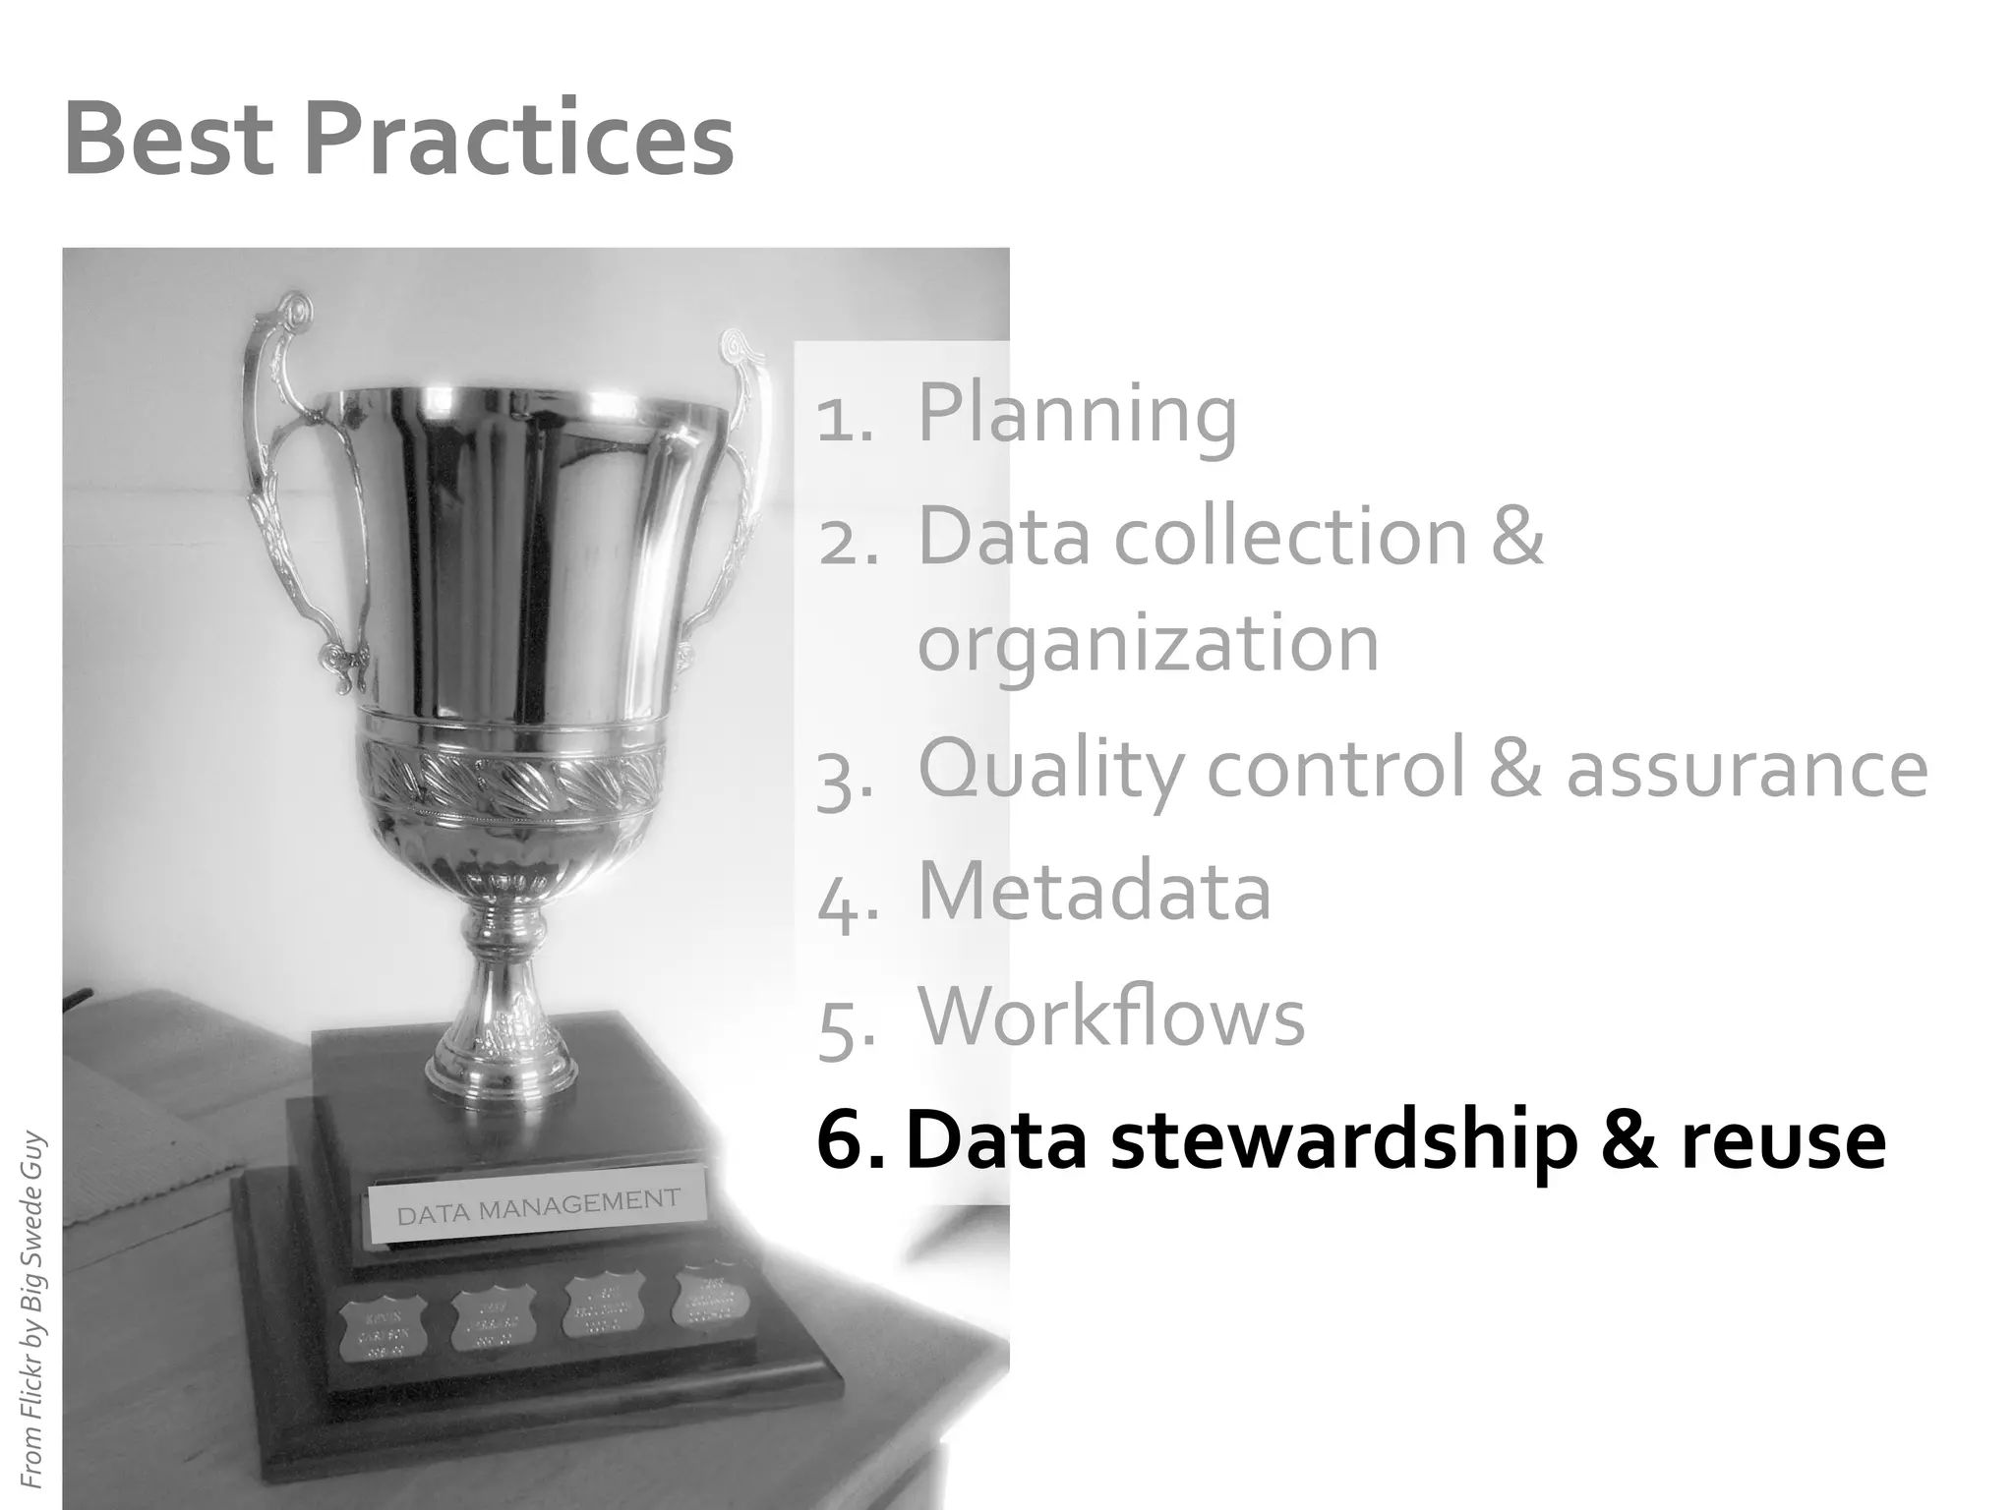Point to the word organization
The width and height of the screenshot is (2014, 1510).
(x=1148, y=644)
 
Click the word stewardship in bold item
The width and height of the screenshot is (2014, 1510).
(x=1343, y=1141)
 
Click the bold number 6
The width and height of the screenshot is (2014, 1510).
(x=847, y=1141)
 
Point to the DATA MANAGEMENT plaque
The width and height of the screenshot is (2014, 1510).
(x=537, y=1206)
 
